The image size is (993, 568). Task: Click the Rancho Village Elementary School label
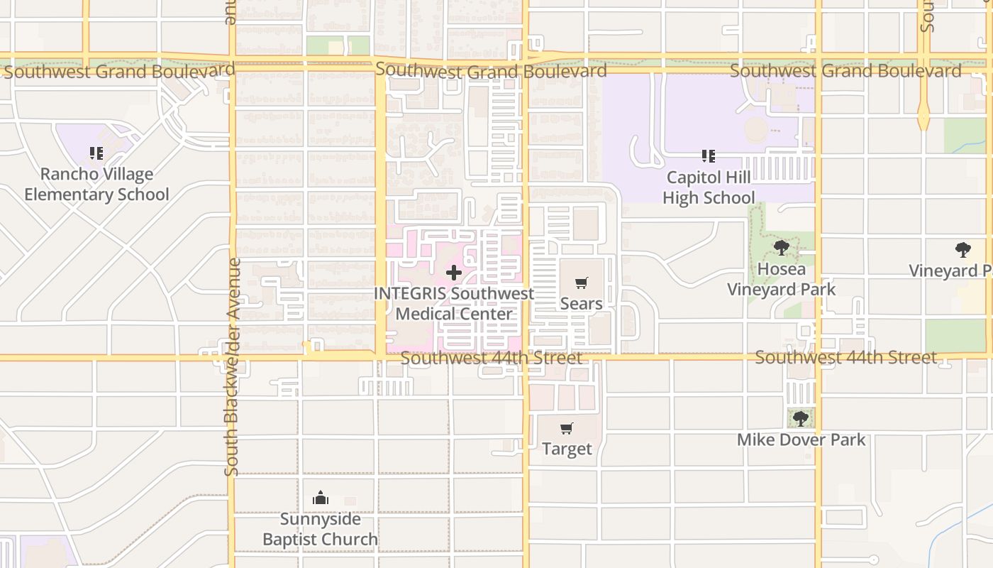coord(96,185)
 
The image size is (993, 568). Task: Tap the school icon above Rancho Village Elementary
coord(96,153)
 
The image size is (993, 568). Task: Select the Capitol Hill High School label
coord(709,187)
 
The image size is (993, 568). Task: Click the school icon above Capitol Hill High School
coord(708,155)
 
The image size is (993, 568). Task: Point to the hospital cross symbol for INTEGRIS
coord(453,273)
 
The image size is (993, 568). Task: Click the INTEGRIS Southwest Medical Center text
coord(454,304)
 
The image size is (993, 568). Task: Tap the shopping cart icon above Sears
coord(582,283)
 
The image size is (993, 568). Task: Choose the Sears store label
coord(582,304)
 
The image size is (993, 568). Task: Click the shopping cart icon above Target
coord(566,429)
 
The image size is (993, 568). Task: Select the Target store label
coord(567,449)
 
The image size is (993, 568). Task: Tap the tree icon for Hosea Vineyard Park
coord(782,248)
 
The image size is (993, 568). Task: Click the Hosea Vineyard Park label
coord(782,279)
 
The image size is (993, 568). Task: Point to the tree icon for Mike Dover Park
coord(801,419)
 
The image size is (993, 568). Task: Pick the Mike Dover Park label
coord(801,439)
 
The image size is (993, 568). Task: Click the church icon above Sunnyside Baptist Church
coord(321,498)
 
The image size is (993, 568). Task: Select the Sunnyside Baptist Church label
coord(321,529)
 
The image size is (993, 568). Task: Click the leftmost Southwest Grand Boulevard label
coord(119,71)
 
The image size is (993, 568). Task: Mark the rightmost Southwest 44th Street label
coord(845,357)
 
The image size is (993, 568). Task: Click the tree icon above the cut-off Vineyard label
coord(963,250)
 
